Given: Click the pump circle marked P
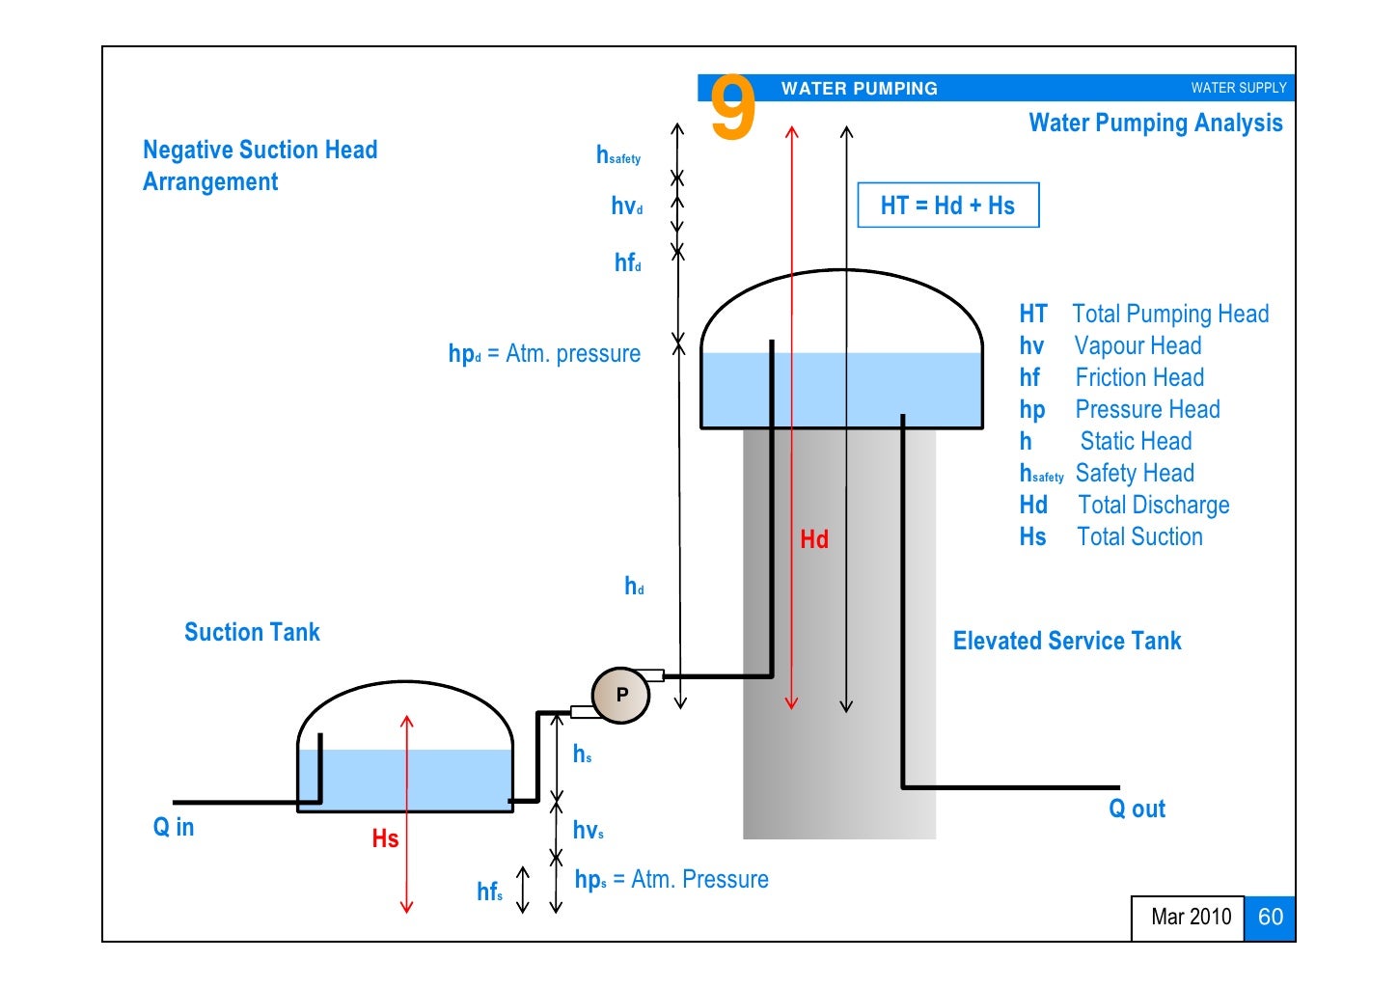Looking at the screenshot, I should (x=620, y=695).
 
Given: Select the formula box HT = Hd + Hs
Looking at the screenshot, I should (x=947, y=206).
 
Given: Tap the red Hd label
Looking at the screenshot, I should (x=813, y=539).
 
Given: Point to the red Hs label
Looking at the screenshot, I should (x=385, y=838).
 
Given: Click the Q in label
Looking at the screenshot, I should (x=174, y=827).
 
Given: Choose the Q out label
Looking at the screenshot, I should (x=1137, y=809).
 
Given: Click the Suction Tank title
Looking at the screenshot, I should (x=252, y=632).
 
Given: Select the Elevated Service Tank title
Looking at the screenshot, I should (x=1067, y=641).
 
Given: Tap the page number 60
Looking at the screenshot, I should (x=1270, y=917).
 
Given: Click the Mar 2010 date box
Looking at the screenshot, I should (x=1191, y=917).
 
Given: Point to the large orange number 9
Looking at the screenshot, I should (x=732, y=108).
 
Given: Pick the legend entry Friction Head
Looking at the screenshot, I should (x=1138, y=377).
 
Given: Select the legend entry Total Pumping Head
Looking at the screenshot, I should (x=1169, y=314).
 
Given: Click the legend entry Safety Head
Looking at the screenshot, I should (x=1134, y=473).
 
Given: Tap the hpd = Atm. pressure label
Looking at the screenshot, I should (x=544, y=354).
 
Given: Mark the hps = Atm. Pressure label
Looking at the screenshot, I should (x=672, y=879).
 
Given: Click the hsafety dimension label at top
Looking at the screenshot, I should (x=617, y=155).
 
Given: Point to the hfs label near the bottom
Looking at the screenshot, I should (x=489, y=892).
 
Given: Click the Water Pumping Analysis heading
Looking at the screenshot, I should (x=1155, y=123).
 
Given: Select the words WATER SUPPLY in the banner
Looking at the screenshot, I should (x=1238, y=88).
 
